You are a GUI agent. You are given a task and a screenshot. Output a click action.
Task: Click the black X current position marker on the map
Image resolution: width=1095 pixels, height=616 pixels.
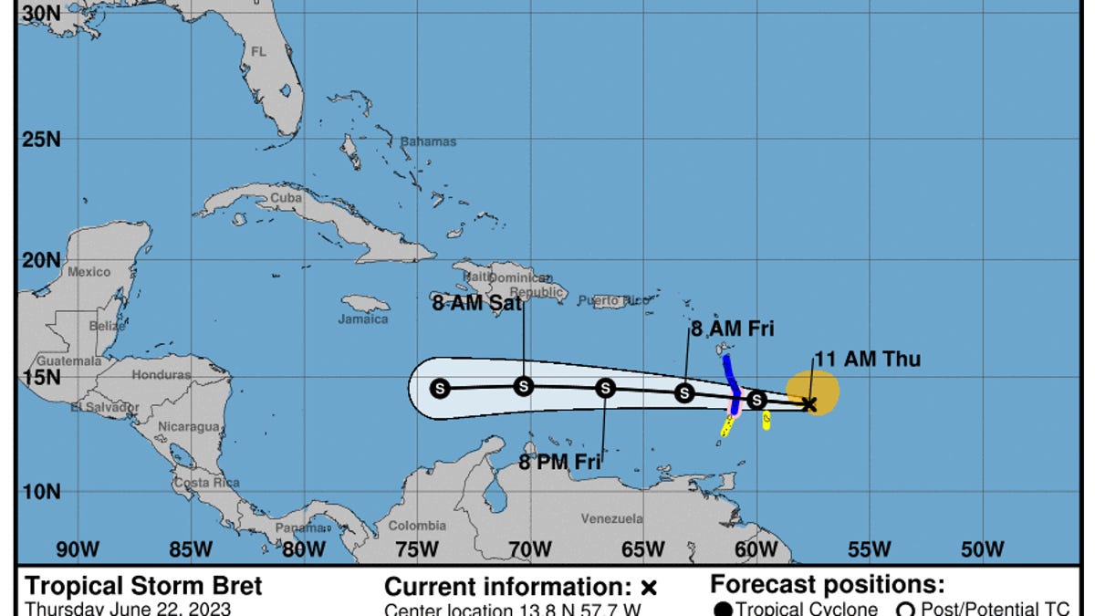pos(809,403)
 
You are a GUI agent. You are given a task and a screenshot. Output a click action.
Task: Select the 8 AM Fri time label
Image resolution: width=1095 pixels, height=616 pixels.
pos(732,330)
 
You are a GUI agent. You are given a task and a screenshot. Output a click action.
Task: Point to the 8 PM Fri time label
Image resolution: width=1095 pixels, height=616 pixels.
pos(559,462)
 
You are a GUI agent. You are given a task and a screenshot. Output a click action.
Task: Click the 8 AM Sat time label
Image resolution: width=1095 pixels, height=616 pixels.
pos(477,303)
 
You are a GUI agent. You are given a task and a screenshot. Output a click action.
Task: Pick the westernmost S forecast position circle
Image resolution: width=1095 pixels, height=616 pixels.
pos(440,389)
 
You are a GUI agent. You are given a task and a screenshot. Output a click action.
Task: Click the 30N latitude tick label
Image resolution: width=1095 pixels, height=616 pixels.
pos(40,13)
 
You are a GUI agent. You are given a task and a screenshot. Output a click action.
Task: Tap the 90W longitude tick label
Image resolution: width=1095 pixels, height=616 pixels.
pos(78,549)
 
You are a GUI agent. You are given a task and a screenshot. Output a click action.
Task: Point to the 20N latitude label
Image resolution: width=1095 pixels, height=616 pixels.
pos(40,260)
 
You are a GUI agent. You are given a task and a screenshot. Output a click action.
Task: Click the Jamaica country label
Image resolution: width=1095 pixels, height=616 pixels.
pos(363,319)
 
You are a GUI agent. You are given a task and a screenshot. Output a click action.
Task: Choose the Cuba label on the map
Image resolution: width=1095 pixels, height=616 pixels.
pos(286,197)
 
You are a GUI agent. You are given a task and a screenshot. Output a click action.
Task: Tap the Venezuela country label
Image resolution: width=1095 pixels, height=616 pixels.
pos(612,518)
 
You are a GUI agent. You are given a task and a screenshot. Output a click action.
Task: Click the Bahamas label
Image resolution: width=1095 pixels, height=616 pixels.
pos(428,142)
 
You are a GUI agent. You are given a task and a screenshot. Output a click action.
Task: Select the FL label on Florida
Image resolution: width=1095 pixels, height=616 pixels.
pos(259,52)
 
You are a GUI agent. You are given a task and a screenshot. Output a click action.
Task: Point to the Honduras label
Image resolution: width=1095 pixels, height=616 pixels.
pos(162,375)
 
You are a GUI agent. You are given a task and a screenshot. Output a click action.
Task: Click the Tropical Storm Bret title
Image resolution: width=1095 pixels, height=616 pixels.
pos(143,586)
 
